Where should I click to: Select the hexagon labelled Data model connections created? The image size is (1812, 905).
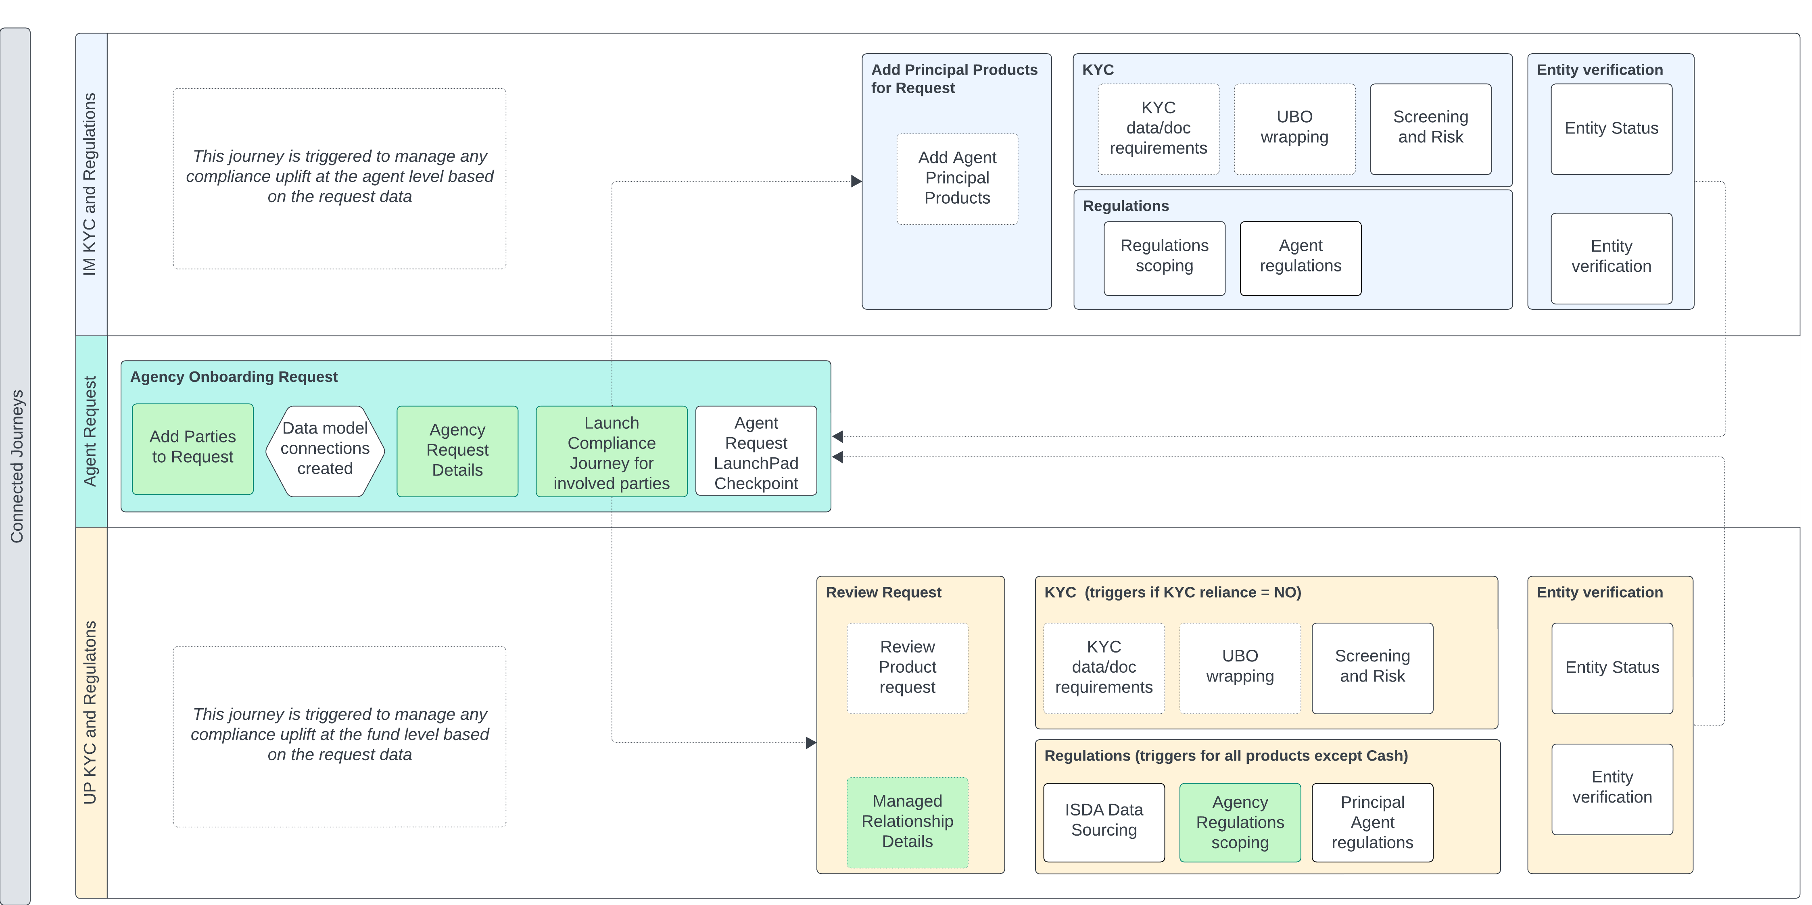[325, 450]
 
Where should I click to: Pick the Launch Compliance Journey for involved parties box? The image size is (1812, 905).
[611, 452]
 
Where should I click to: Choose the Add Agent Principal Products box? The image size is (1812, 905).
[957, 179]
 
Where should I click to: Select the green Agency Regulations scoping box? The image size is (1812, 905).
[1240, 822]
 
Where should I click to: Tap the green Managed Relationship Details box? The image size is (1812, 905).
[907, 822]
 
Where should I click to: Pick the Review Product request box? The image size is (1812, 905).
[907, 667]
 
